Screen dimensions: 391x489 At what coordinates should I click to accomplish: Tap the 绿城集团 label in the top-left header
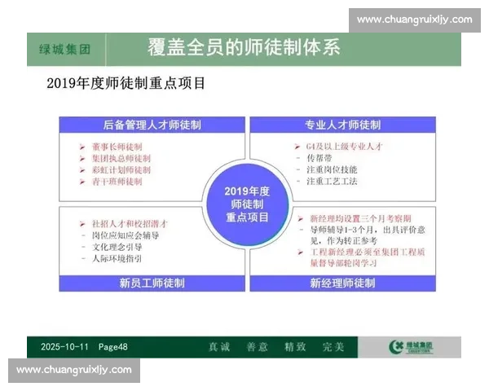coord(64,49)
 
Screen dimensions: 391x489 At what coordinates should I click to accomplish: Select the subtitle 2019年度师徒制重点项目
coord(126,83)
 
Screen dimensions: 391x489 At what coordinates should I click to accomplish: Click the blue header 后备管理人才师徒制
coord(152,125)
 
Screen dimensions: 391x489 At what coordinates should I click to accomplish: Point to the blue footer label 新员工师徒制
coord(152,283)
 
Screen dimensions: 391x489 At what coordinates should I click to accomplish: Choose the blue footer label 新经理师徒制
coord(342,283)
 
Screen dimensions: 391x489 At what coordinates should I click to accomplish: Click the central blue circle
coord(246,204)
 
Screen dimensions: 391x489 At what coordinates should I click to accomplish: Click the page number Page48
coord(115,347)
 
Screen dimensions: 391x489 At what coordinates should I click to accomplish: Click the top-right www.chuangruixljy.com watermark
coord(414,20)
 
